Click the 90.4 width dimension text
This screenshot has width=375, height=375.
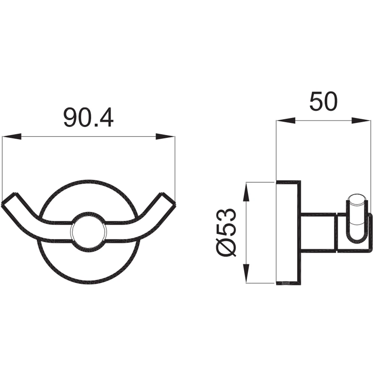[88, 118]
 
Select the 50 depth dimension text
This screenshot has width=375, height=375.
[323, 101]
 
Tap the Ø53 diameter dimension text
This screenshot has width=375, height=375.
[225, 232]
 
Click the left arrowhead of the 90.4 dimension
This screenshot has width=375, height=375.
[12, 136]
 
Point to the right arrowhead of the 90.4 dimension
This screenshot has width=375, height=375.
[165, 136]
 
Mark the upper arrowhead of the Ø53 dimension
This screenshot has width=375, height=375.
[246, 192]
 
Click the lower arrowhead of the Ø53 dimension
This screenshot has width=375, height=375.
[246, 273]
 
